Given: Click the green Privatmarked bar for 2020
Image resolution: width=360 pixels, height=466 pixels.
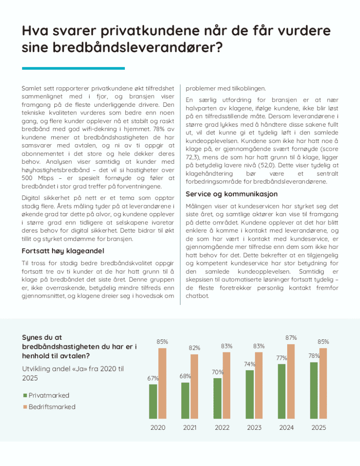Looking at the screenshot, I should [153, 401].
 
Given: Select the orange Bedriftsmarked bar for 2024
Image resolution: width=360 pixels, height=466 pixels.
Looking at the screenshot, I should [291, 381].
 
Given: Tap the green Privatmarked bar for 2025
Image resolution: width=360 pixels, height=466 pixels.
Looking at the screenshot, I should [313, 390].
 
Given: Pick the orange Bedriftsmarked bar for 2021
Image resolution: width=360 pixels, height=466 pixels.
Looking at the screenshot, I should [194, 386].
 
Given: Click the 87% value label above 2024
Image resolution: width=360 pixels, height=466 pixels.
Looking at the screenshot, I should [291, 338].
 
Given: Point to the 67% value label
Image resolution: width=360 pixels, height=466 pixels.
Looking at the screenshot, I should [153, 378].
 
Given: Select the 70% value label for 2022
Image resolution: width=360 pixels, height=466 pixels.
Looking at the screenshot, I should [218, 372].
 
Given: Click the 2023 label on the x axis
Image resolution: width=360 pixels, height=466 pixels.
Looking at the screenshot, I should [254, 428].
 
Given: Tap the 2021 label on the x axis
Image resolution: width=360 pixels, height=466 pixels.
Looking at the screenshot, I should [190, 428].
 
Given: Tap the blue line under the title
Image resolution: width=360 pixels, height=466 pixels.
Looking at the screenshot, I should [73, 68].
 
